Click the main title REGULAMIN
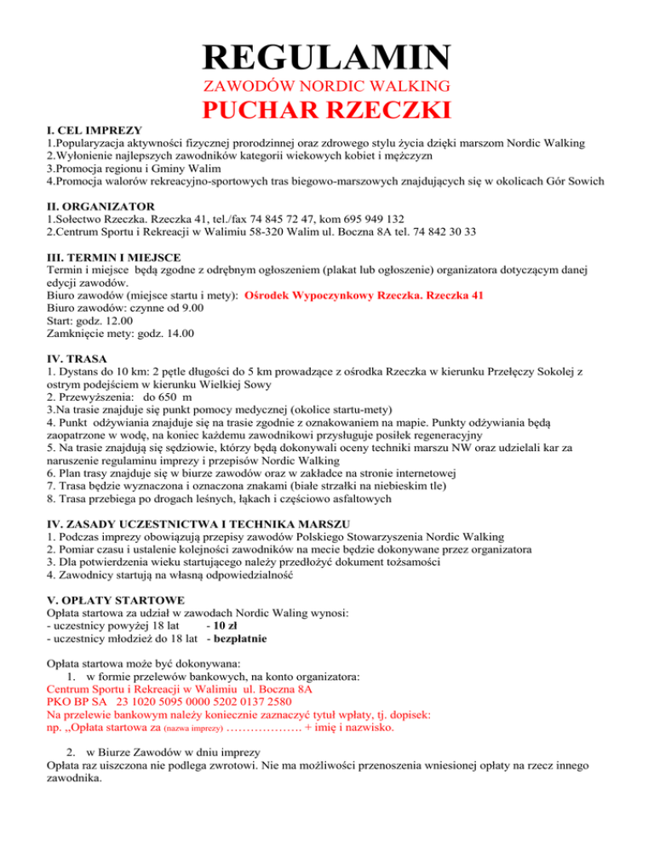[x=326, y=57]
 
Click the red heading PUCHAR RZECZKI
[x=327, y=111]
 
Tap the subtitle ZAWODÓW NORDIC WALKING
[x=327, y=85]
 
